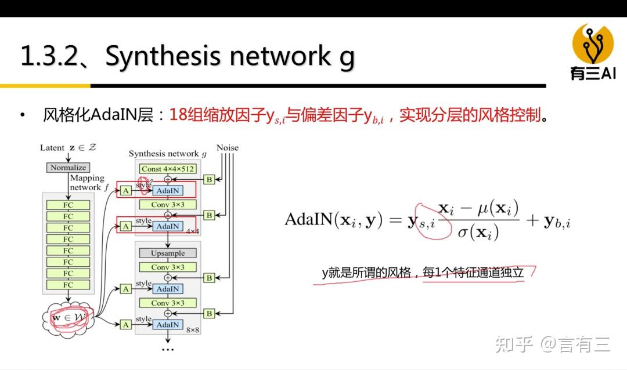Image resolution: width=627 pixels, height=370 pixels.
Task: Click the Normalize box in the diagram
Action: [x=68, y=168]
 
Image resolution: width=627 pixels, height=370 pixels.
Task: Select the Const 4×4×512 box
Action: [x=168, y=169]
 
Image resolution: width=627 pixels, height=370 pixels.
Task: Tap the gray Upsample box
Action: [x=168, y=253]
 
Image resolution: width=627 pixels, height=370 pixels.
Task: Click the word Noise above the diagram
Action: [x=228, y=148]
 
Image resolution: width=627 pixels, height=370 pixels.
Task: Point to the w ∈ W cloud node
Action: [x=68, y=318]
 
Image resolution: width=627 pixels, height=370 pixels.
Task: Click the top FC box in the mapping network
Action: [x=69, y=205]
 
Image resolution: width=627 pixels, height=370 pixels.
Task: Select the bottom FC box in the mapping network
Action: [x=69, y=285]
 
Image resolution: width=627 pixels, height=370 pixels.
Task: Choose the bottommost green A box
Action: [x=125, y=325]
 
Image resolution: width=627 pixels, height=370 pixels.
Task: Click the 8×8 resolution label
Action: [x=192, y=330]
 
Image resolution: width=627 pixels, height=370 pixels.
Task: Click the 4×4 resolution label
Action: [x=192, y=231]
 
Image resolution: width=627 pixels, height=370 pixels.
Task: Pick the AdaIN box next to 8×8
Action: [x=168, y=325]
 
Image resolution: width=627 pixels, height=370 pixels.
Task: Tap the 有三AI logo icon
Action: [x=593, y=45]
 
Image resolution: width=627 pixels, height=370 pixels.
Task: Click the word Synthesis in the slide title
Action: [x=163, y=56]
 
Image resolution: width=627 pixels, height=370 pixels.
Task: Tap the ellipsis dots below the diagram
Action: [x=168, y=349]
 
